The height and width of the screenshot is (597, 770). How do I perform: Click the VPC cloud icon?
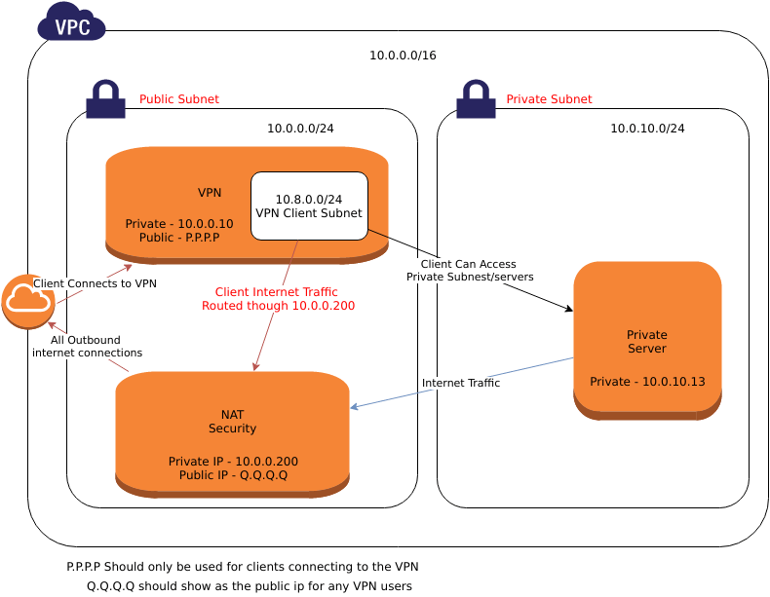tap(71, 22)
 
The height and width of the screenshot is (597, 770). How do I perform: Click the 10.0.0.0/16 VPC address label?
tap(403, 56)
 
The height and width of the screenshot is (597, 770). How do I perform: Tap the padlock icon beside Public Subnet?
tap(105, 99)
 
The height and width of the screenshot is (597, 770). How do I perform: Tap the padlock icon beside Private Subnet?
tap(476, 99)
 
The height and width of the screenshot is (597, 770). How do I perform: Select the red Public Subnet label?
tap(179, 99)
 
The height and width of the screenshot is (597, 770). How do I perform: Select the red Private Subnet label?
tap(549, 99)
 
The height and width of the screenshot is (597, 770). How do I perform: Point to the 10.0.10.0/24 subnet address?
tap(647, 129)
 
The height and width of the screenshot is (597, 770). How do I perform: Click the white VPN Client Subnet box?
tap(309, 205)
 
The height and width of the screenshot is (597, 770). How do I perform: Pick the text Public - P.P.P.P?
tap(173, 238)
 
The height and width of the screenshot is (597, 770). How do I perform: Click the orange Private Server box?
tap(647, 339)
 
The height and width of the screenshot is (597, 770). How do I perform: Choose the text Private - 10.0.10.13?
tap(647, 382)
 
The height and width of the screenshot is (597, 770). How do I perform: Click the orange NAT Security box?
tap(232, 433)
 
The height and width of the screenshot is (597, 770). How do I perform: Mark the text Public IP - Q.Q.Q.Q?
tap(233, 475)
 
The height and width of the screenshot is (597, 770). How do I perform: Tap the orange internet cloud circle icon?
tap(28, 302)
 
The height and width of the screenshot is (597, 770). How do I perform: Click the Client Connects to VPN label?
tap(95, 283)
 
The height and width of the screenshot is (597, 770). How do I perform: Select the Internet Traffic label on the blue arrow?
tap(461, 384)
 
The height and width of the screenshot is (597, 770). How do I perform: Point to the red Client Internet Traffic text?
tap(278, 299)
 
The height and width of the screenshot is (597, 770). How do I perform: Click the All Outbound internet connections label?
tap(87, 347)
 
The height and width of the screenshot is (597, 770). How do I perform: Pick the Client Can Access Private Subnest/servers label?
tap(469, 271)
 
